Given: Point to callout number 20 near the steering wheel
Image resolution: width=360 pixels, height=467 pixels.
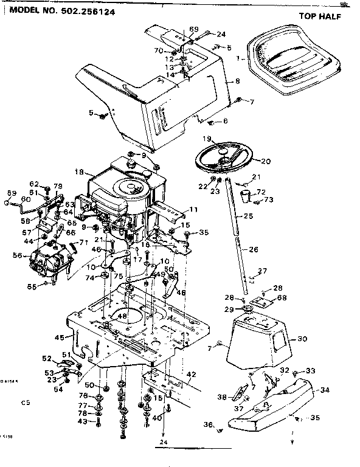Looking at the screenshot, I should [265, 161].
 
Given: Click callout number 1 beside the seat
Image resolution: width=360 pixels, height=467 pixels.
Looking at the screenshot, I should [238, 59].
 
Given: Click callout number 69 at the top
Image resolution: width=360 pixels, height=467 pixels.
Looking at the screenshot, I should [194, 29].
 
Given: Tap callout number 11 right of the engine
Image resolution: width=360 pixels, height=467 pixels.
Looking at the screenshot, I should [195, 209].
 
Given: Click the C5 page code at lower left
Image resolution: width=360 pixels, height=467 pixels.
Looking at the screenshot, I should [25, 402].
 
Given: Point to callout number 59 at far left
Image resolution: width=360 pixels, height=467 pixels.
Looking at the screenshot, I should [10, 193].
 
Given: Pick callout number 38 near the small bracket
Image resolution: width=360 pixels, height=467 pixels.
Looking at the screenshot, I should [222, 398].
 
